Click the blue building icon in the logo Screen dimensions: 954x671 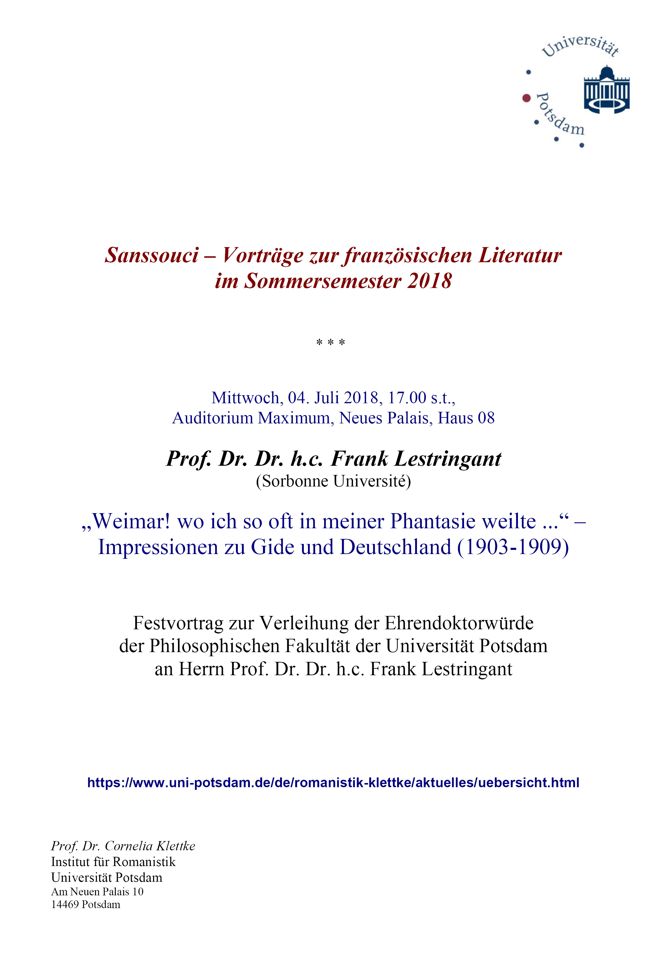tap(607, 90)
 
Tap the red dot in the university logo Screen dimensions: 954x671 tap(526, 98)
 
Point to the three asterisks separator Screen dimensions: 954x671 tap(330, 343)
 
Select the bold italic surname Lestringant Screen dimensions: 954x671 tap(448, 459)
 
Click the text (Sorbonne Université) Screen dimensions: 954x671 tap(333, 481)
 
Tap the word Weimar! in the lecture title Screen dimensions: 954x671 tap(131, 521)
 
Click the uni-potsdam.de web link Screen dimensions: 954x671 tap(333, 783)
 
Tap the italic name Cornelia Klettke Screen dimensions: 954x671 tap(150, 846)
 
